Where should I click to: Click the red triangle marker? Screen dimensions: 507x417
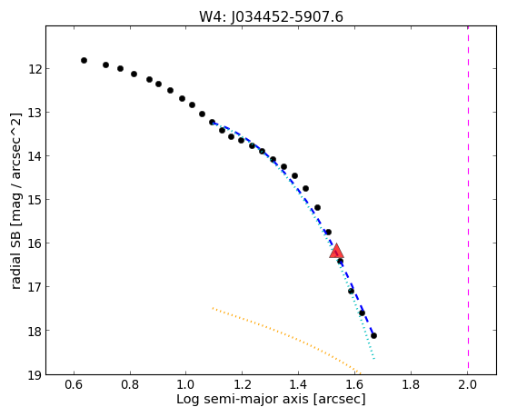pos(336,251)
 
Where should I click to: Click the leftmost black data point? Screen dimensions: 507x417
pos(84,61)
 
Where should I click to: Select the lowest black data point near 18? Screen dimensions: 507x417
pos(373,336)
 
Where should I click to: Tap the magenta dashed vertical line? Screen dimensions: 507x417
pos(468,200)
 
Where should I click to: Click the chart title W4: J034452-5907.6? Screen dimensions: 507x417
pos(271,17)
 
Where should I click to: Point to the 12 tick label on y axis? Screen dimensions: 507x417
pos(35,69)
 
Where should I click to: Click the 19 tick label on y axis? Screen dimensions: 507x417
pos(35,374)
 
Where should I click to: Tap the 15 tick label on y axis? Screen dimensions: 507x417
pos(35,200)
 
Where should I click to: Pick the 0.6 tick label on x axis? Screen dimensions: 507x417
pos(74,384)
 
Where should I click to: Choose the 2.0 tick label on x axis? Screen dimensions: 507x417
pos(468,384)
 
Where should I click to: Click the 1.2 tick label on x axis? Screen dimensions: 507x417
pos(243,384)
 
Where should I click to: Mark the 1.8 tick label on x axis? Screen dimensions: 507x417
pos(411,384)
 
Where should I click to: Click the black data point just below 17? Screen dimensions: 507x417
pos(351,292)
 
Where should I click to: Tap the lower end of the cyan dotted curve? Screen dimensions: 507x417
pos(374,359)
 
